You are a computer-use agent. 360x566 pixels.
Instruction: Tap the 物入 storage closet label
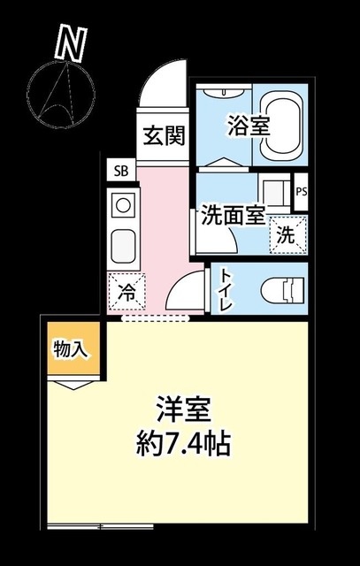pos(70,350)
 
